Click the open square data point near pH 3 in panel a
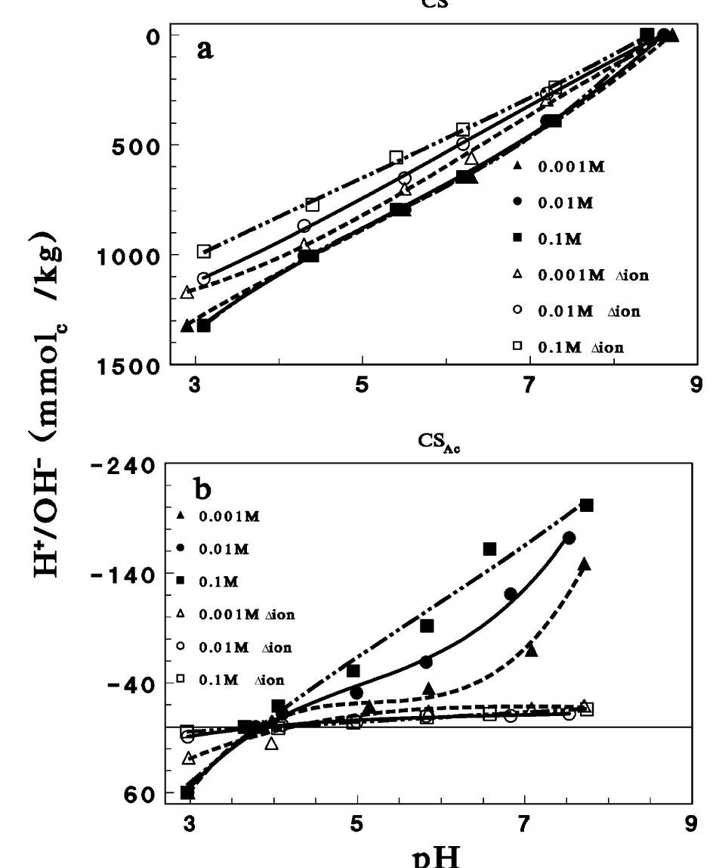[204, 251]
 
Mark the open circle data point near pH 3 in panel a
[204, 278]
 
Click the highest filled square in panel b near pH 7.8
[587, 505]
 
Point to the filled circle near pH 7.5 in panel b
[569, 538]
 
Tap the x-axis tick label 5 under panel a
[363, 383]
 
